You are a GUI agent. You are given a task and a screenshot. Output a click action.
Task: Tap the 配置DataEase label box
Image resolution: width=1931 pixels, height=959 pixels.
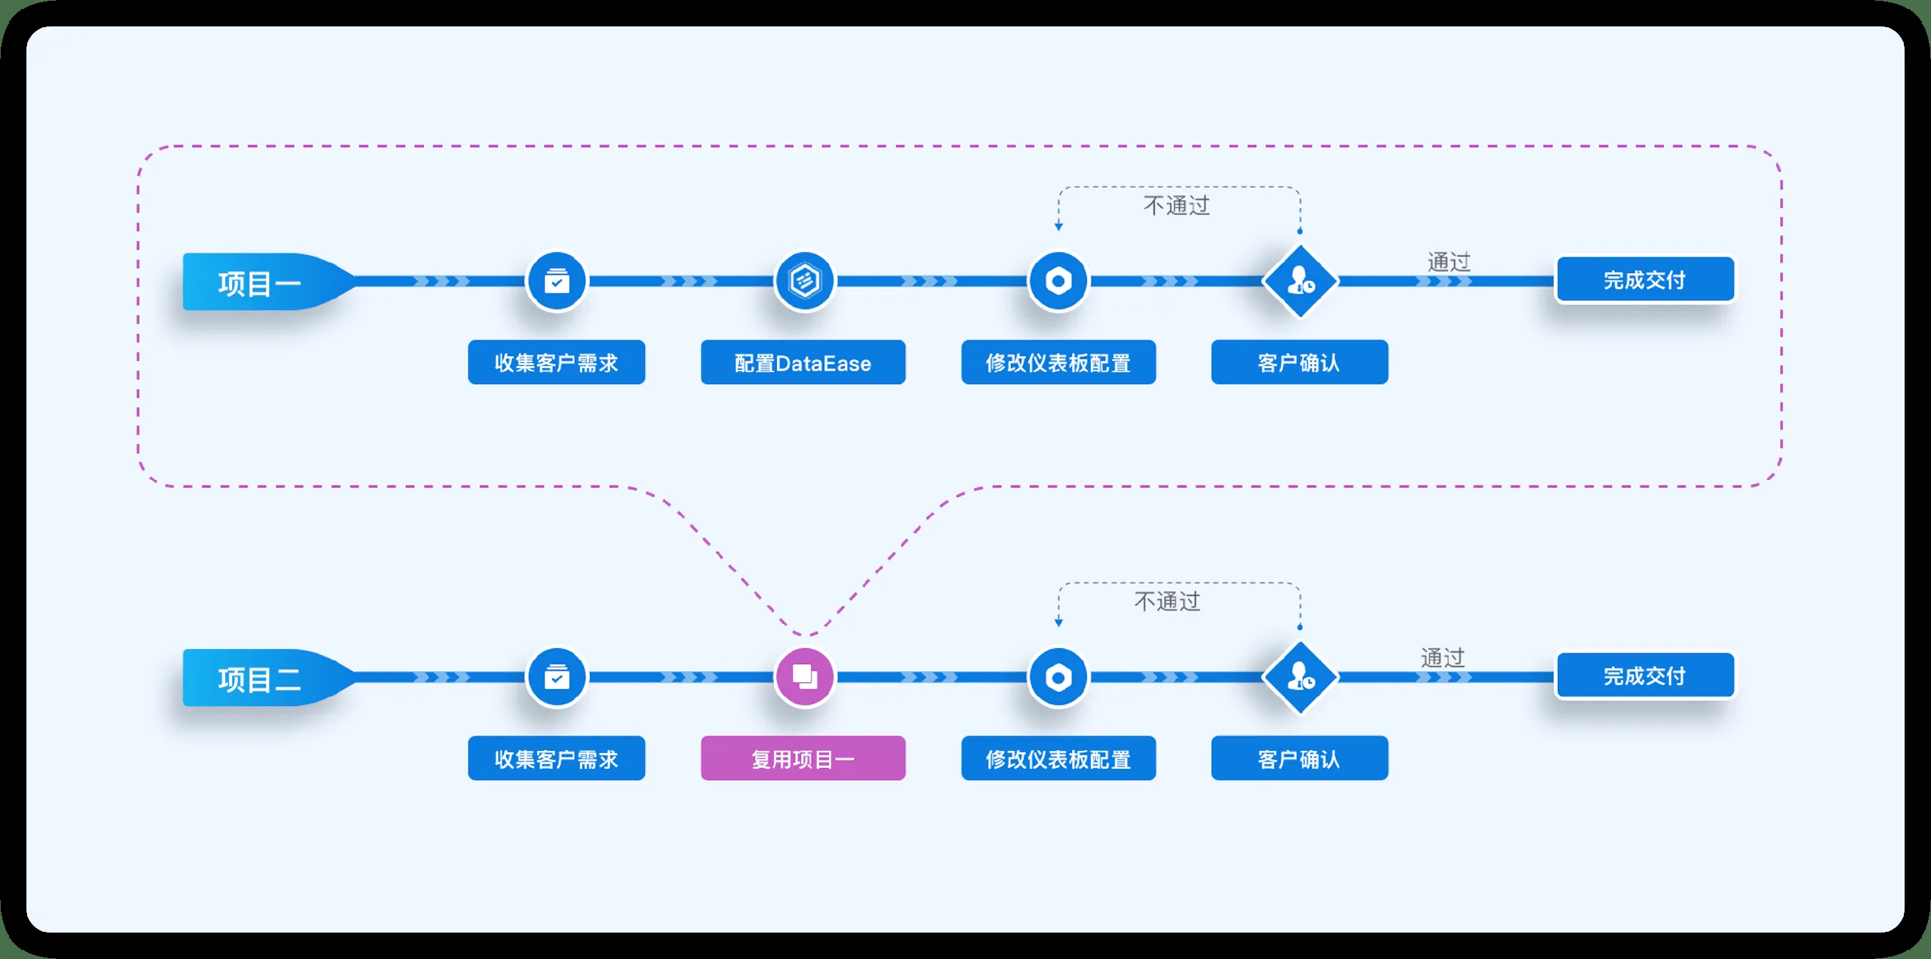pos(803,362)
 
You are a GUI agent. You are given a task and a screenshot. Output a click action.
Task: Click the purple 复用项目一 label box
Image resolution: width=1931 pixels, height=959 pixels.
pos(803,758)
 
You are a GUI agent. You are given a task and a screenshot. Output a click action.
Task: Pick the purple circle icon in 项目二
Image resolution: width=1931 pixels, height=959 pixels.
pos(805,677)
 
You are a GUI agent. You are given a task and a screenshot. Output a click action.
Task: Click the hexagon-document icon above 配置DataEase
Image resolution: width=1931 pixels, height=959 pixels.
pos(805,281)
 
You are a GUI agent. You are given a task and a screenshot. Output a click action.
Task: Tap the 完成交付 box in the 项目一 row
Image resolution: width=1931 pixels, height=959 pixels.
pos(1645,280)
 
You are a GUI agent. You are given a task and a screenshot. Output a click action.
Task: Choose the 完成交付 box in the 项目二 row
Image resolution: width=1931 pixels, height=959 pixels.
pos(1645,675)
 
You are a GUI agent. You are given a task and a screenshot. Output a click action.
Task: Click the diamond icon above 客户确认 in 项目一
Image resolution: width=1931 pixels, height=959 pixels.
pos(1300,281)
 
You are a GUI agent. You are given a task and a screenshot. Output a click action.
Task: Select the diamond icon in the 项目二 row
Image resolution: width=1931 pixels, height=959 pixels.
pos(1300,677)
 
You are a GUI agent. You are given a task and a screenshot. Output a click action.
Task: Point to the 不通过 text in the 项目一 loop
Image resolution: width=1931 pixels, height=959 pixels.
pos(1177,205)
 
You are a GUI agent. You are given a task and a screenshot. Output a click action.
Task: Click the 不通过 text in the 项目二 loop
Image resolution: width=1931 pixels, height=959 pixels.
pos(1168,601)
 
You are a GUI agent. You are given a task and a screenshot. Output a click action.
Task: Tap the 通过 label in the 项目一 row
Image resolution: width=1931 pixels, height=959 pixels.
pos(1449,262)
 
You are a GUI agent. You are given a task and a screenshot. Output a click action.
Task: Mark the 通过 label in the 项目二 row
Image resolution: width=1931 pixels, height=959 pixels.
pos(1443,658)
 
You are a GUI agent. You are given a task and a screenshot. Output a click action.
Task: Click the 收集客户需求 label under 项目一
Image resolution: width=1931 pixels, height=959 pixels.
pos(557,362)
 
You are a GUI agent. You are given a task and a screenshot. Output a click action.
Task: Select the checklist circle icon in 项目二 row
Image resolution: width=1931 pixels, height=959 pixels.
pos(557,677)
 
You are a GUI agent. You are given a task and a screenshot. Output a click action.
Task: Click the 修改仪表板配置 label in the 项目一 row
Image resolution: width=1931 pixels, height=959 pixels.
pos(1058,362)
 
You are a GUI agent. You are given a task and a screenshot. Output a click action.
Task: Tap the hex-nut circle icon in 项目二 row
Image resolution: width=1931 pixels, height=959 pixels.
pos(1058,677)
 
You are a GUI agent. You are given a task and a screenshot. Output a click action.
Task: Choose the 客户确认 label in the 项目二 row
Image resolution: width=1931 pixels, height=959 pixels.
pos(1300,758)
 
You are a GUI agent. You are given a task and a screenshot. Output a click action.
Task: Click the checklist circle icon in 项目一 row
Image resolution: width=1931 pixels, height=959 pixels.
pos(557,281)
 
